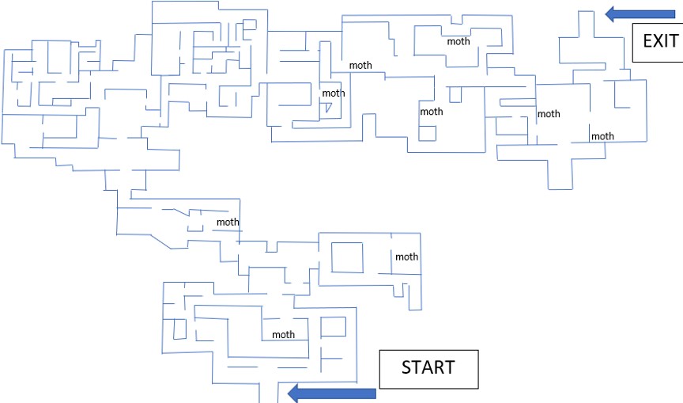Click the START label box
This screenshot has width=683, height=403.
pos(428,369)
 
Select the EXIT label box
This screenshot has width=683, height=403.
pos(656,43)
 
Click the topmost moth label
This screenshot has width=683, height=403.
pos(458,41)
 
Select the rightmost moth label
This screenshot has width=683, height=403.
pos(602,136)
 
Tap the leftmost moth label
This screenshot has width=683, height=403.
pos(228,222)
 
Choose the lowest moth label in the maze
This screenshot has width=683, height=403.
pos(283,334)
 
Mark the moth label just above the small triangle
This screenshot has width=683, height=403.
pos(334,93)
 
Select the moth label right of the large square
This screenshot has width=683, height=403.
pos(406,257)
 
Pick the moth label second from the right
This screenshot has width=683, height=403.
pos(549,114)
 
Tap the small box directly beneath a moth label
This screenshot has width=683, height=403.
pos(428,131)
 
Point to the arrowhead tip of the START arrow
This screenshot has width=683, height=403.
pos(288,393)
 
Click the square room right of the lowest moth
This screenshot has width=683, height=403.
pos(333,326)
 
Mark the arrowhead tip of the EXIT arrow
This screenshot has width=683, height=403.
pos(606,13)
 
